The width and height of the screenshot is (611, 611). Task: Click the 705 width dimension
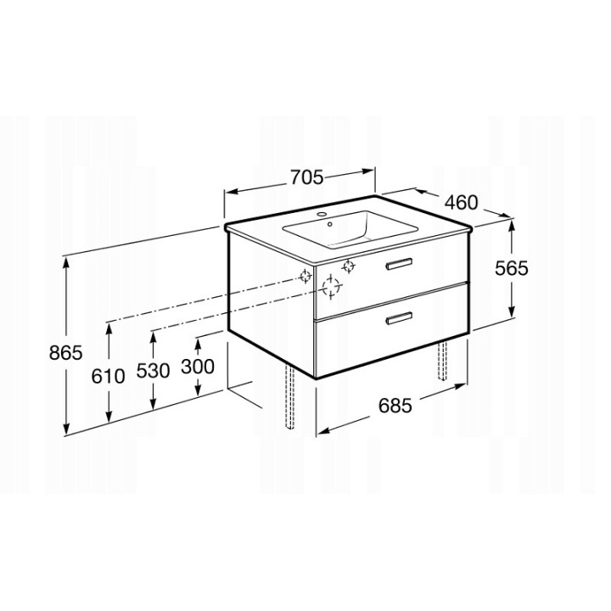pyautogui.click(x=307, y=177)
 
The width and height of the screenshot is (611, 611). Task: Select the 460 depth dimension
pyautogui.click(x=462, y=203)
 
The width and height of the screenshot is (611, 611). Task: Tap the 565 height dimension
pyautogui.click(x=512, y=268)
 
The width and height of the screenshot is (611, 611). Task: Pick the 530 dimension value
pyautogui.click(x=154, y=370)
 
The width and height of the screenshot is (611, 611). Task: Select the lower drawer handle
pyautogui.click(x=398, y=320)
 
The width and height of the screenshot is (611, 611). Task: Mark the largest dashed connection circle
pyautogui.click(x=332, y=289)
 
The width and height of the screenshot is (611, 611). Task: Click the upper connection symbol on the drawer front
pyautogui.click(x=347, y=267)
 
